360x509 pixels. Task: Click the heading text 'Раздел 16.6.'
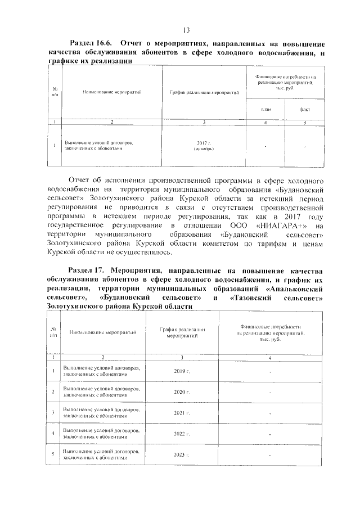point(91,44)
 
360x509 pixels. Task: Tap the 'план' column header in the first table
point(265,109)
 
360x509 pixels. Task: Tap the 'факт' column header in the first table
point(304,109)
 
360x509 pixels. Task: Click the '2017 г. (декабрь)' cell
point(204,147)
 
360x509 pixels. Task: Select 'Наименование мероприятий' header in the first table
point(111,91)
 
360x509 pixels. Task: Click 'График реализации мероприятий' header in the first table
point(204,91)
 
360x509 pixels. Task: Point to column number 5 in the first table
point(304,122)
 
